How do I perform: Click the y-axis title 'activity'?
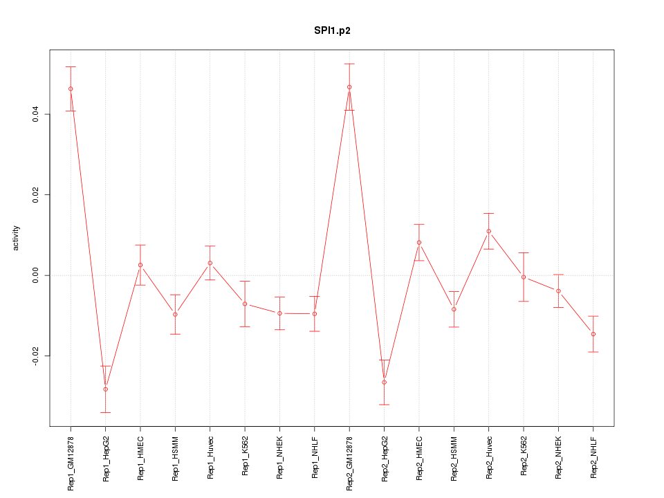17,238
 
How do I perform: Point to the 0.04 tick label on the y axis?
36,114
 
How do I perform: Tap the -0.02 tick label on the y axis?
36,356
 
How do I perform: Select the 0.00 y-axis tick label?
36,275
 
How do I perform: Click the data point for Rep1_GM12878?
71,89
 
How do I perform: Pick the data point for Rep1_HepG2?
105,389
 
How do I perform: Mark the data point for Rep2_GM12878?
349,87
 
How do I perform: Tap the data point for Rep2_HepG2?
385,382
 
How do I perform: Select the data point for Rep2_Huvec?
489,231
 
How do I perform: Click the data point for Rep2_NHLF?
593,334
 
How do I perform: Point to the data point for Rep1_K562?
245,304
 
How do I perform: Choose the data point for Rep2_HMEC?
419,242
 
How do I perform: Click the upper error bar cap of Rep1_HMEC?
140,245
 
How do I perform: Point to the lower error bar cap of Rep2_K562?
524,302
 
